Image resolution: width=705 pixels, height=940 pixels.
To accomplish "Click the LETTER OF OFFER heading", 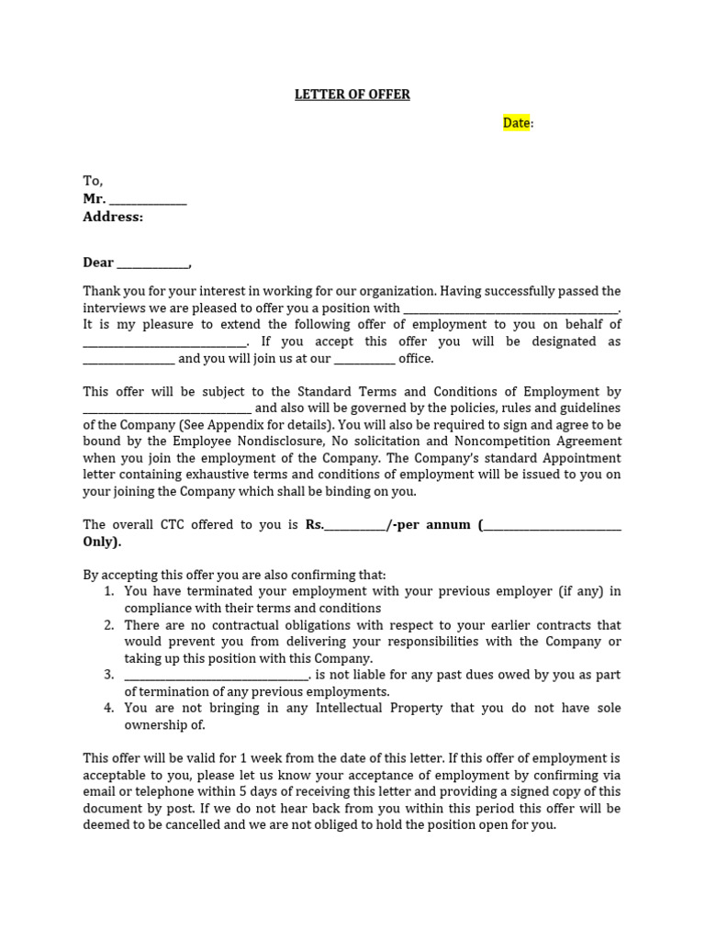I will click(352, 95).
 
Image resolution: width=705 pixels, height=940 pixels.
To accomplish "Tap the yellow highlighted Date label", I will click(516, 123).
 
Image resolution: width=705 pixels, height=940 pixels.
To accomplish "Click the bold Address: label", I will click(113, 218).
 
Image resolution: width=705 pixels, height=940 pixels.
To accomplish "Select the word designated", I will click(586, 341).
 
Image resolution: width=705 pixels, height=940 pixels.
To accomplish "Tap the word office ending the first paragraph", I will click(415, 359).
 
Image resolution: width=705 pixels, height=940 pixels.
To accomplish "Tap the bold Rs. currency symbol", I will click(315, 525).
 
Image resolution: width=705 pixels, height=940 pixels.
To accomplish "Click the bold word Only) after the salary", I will click(102, 542).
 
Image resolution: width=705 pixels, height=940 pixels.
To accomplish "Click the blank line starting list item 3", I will click(218, 676).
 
